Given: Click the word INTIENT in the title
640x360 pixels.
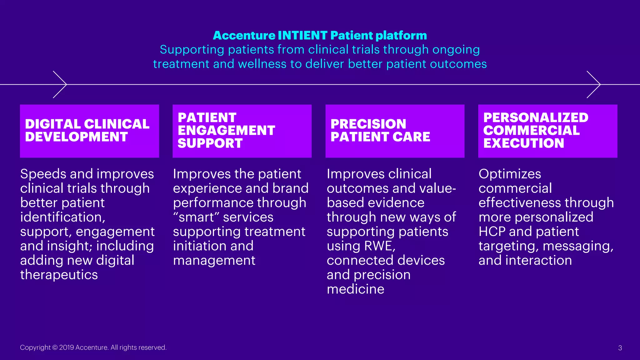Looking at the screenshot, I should click(302, 36).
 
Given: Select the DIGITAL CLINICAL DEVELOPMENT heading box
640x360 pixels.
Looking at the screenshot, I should click(89, 131).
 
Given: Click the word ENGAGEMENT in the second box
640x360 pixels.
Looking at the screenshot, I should click(226, 131).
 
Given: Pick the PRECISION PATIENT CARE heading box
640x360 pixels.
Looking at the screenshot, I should click(395, 131).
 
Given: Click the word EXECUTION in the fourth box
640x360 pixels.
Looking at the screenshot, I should click(523, 143).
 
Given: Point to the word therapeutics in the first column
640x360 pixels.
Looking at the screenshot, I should click(59, 275).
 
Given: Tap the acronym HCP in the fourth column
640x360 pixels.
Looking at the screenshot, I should click(492, 232).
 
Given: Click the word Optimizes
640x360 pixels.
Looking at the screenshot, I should click(510, 174).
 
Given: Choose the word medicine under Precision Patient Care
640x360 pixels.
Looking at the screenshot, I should click(355, 289).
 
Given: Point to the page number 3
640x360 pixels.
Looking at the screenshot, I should click(620, 348).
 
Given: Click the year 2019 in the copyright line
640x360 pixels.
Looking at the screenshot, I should click(67, 347).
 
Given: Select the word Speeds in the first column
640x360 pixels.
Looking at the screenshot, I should click(43, 174).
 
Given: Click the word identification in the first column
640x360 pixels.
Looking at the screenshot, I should click(61, 217).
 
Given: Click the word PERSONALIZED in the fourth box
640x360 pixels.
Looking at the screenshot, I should click(536, 118).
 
